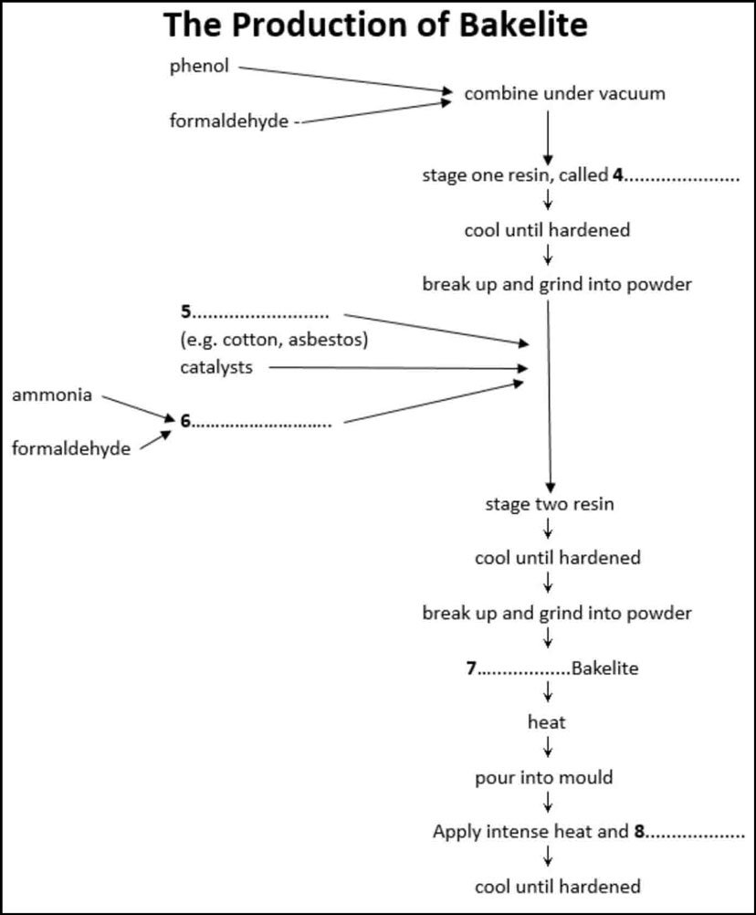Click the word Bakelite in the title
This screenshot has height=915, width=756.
point(522,26)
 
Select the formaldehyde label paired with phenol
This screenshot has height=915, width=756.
point(228,121)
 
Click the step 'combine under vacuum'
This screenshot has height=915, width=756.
point(564,93)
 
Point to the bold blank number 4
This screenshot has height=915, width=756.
point(617,175)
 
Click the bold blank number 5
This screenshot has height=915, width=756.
point(186,314)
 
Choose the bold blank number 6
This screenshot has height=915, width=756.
point(185,422)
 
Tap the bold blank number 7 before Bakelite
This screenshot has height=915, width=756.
point(471,668)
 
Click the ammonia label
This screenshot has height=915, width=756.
point(51,395)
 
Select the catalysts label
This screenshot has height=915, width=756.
point(216,367)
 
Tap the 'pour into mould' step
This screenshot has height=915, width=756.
point(543,778)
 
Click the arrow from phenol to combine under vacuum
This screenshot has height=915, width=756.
point(347,79)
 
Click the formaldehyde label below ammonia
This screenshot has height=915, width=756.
point(70,448)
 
